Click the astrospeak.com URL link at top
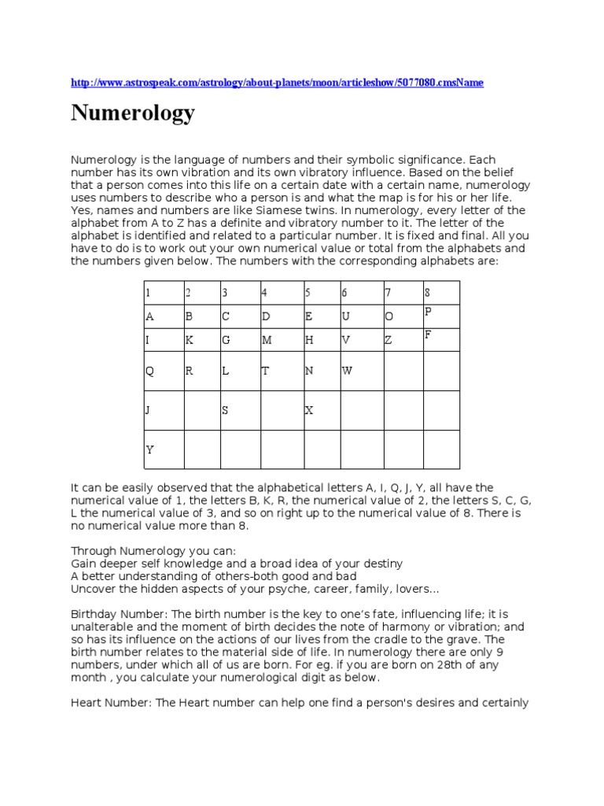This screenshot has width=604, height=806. coord(277,83)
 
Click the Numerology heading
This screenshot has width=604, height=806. coord(133,114)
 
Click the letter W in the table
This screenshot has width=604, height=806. coord(347,370)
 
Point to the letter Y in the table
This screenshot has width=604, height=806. coord(149,450)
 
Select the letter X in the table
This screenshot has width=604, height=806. coord(309,410)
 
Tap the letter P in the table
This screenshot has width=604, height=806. coord(429,312)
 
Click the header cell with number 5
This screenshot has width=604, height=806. coord(308,293)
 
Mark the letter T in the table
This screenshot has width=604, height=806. coord(265,370)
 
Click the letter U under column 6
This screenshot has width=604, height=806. coord(344,317)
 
